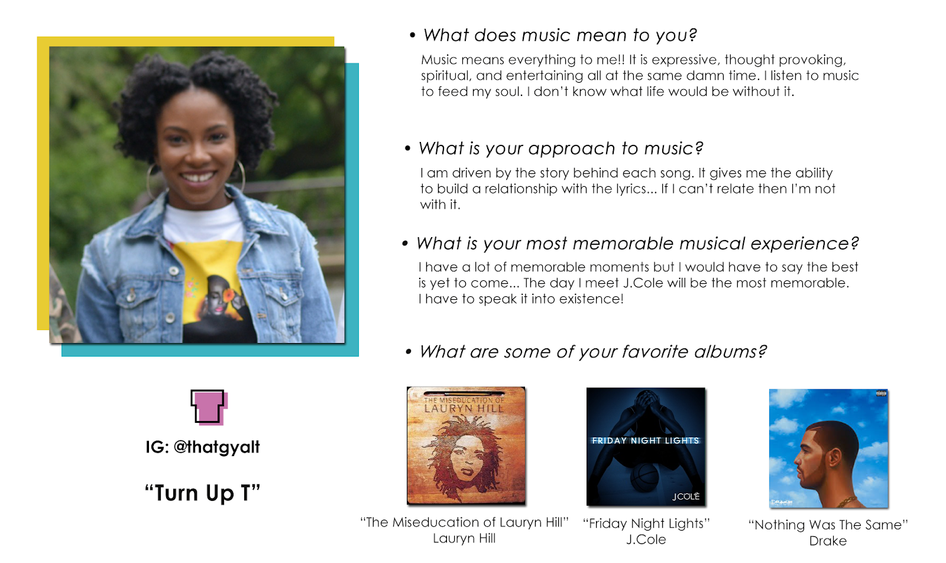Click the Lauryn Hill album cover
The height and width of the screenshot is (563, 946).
click(x=466, y=445)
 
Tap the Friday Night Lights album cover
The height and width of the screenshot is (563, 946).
click(x=646, y=446)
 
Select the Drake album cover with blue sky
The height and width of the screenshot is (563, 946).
click(x=828, y=448)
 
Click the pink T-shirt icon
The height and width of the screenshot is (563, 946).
click(x=209, y=407)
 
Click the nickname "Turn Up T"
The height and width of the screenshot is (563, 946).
click(x=202, y=493)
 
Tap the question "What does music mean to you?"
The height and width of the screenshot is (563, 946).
click(x=560, y=35)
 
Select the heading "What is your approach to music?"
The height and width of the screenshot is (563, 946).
click(x=561, y=148)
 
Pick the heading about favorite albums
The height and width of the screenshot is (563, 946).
click(x=592, y=352)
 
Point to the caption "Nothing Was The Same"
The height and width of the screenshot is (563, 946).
click(x=828, y=525)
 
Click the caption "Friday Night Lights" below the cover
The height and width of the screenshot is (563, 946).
click(x=646, y=524)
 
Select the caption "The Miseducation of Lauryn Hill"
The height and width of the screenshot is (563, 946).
click(x=465, y=522)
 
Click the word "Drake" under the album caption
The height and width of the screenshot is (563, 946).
click(x=828, y=541)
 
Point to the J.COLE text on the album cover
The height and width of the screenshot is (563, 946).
click(x=686, y=497)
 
